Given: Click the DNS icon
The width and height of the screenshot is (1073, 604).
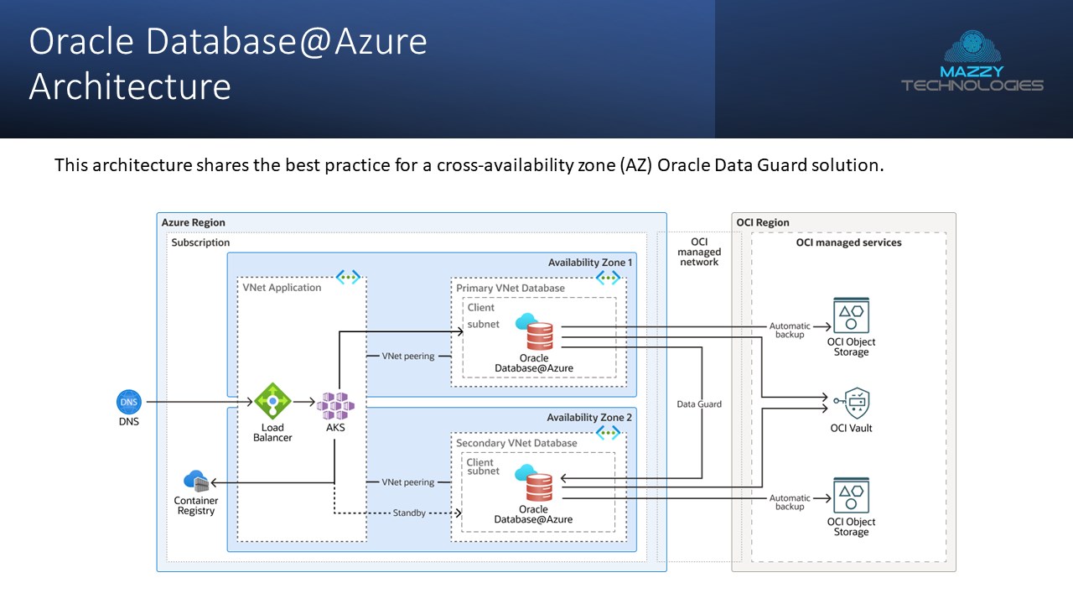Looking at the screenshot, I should [128, 402].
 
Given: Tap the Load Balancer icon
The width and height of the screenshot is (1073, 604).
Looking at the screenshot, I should [272, 402].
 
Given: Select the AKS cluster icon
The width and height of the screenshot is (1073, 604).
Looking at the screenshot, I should [335, 405].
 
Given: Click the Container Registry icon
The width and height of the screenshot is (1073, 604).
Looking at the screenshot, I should [196, 482].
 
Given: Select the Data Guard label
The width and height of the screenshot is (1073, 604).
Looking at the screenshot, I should [699, 404].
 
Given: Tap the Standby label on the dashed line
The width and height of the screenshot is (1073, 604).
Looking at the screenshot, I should [409, 513].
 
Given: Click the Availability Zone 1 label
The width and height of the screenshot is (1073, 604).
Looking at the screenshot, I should [590, 263].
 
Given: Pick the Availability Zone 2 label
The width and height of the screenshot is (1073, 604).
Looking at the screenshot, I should [589, 418].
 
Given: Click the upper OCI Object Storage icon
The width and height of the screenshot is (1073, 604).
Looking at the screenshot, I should [851, 315].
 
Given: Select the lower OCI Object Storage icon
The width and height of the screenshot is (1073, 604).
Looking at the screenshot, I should [851, 496].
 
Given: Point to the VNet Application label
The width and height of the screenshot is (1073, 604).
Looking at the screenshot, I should [282, 288].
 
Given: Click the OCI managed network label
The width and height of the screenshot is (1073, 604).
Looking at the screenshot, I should [699, 252].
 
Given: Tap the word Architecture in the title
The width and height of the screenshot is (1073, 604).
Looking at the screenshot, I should [130, 87].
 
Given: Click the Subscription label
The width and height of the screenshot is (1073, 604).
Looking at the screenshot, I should [200, 242].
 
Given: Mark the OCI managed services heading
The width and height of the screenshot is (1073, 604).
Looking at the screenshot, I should [848, 242].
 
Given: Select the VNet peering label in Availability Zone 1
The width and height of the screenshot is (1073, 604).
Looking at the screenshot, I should [408, 357].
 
